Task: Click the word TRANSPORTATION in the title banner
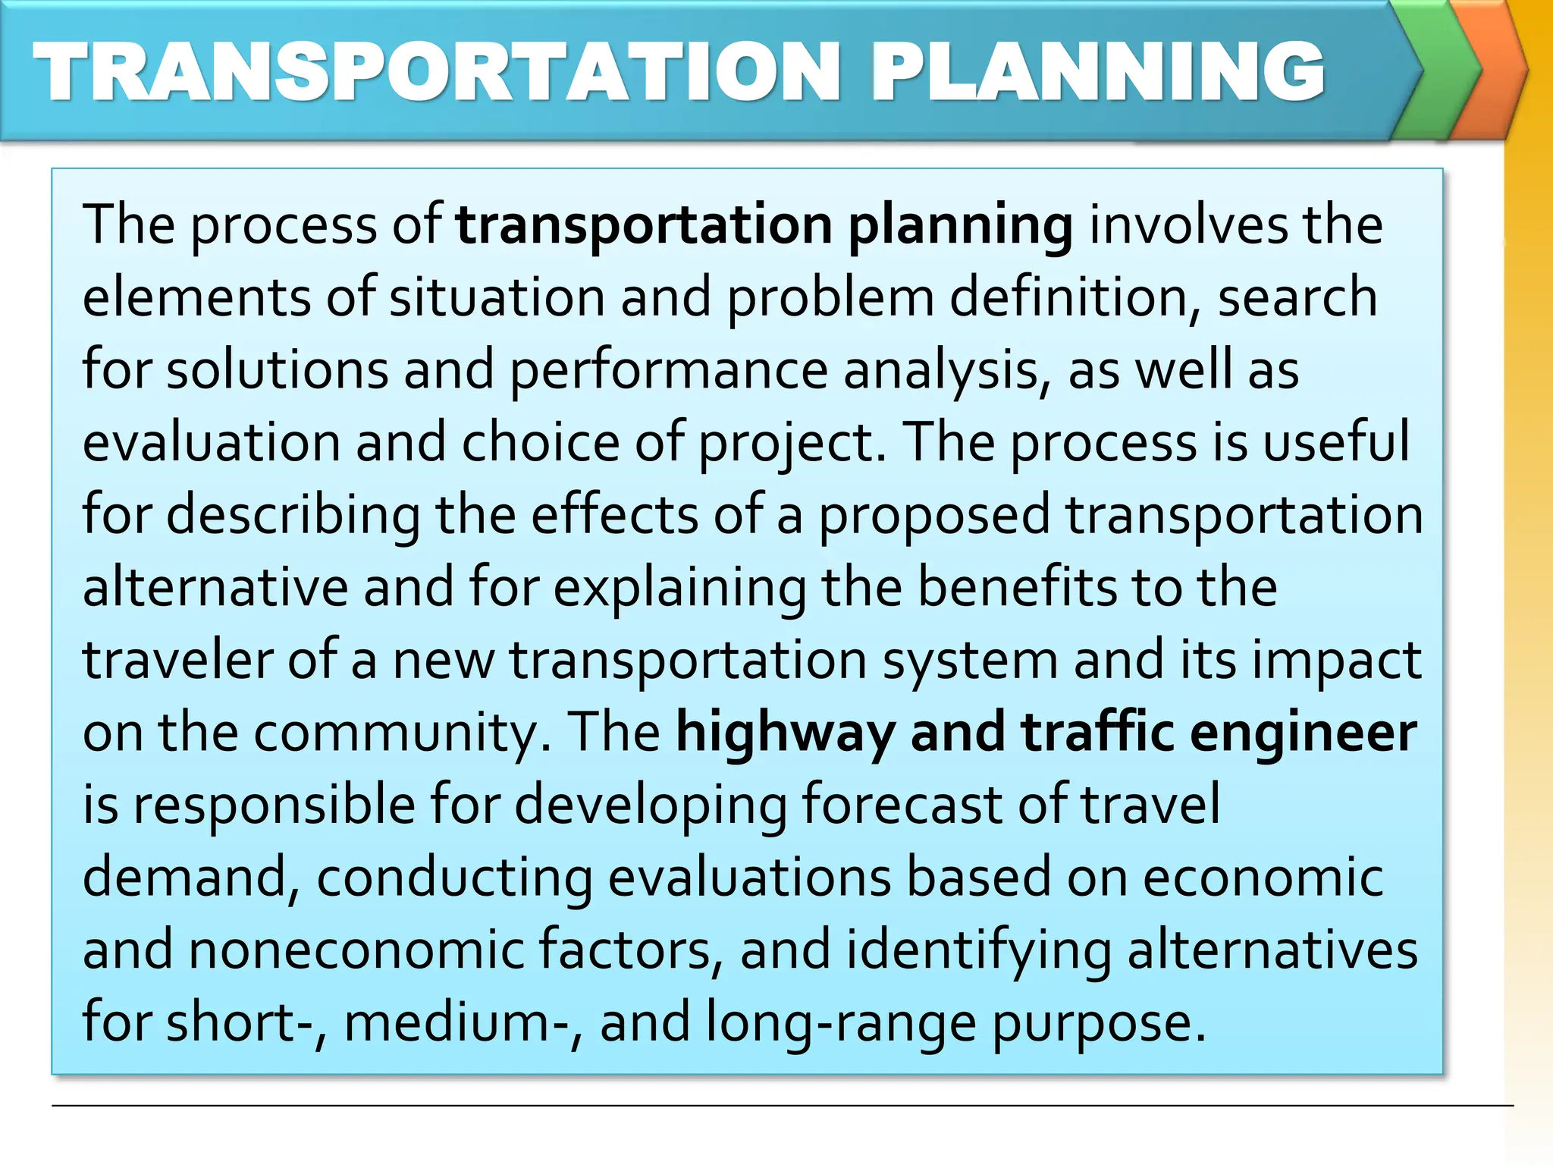437,71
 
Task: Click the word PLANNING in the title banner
1098,71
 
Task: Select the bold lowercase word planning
960,226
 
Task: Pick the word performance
668,370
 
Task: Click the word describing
293,516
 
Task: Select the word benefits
1017,588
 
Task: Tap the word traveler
177,660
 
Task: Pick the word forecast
902,805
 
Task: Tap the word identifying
979,951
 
